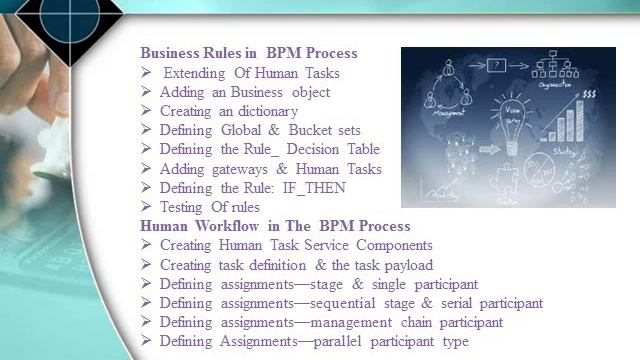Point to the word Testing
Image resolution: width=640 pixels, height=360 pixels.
point(185,207)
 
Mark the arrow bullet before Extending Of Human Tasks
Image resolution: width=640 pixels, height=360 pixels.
point(146,73)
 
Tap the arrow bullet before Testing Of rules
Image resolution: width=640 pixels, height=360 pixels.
point(146,207)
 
